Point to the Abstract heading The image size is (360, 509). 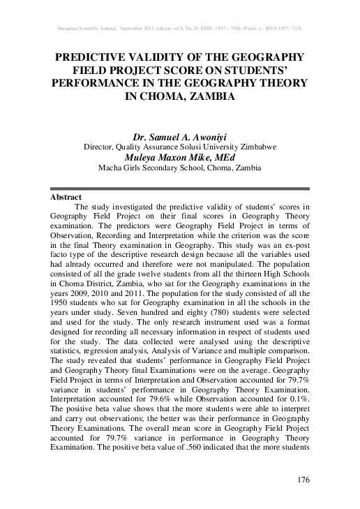(67, 198)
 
